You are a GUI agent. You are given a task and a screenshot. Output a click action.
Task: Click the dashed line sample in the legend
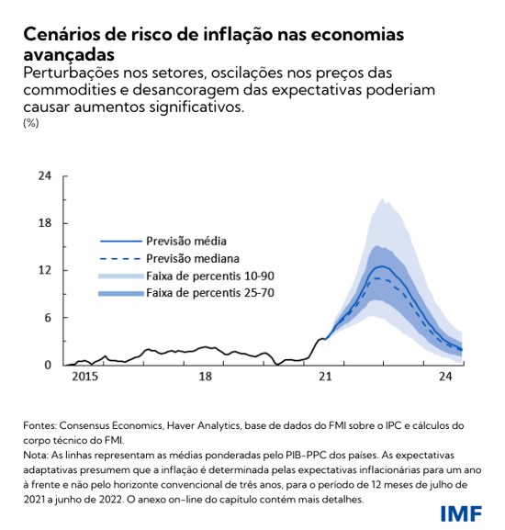click(119, 258)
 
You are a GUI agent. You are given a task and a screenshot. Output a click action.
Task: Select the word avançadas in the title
click(67, 55)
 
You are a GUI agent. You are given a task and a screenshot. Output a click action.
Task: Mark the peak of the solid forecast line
click(380, 266)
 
